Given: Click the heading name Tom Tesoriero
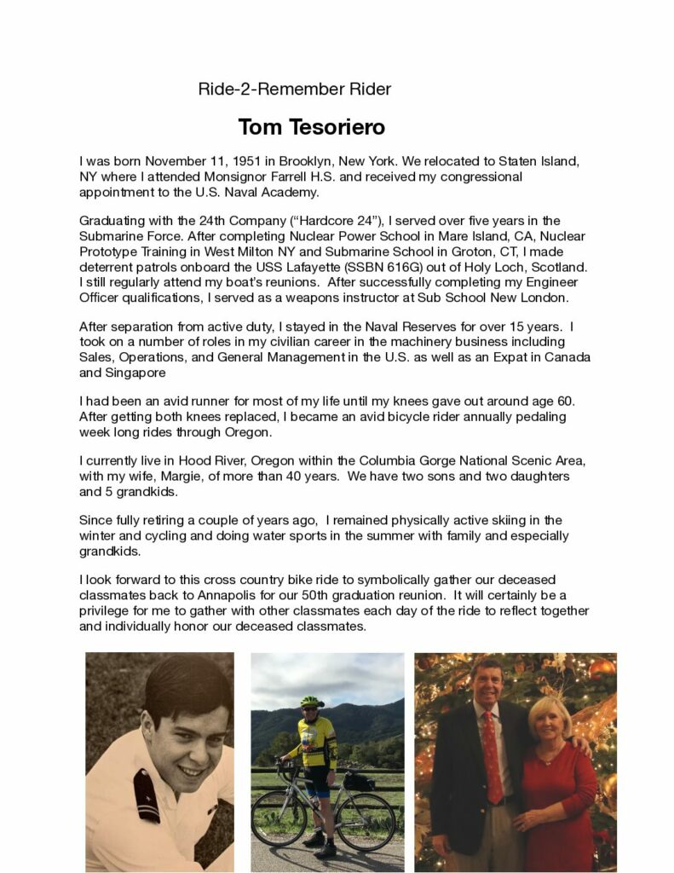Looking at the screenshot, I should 311,128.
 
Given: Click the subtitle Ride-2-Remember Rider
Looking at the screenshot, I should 294,89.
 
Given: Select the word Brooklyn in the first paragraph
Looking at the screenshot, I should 303,161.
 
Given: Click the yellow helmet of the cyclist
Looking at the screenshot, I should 312,702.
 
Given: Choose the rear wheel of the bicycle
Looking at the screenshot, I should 367,822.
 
